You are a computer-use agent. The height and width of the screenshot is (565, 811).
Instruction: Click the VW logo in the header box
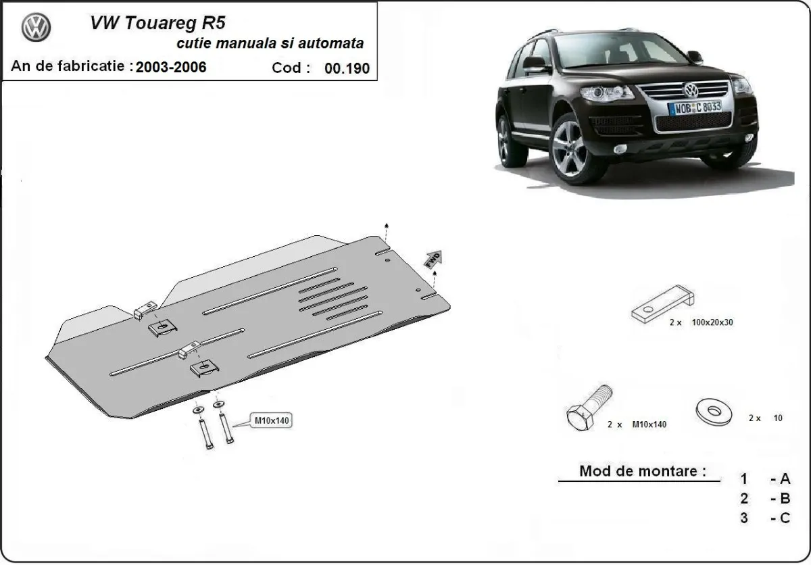click(x=36, y=28)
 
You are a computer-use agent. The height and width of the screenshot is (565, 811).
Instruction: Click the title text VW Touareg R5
click(x=157, y=24)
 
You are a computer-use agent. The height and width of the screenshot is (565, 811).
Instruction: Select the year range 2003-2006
click(x=171, y=67)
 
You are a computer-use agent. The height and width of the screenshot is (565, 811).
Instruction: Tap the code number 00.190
click(x=347, y=68)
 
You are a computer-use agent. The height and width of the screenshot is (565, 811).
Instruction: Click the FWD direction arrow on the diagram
click(x=433, y=257)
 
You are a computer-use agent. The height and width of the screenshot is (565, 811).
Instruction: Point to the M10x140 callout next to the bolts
click(x=272, y=420)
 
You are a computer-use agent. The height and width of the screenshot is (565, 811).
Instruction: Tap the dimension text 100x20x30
click(x=712, y=322)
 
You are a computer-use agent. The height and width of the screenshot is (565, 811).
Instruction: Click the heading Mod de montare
click(x=638, y=471)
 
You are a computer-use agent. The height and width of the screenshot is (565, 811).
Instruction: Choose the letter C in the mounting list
click(x=784, y=518)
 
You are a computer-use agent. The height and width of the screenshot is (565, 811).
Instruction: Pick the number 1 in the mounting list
click(x=743, y=479)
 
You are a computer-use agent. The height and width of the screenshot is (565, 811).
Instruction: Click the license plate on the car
click(x=694, y=107)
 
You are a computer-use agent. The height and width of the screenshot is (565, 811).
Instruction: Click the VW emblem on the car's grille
click(x=690, y=90)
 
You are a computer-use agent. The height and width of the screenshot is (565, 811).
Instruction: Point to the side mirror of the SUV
click(x=534, y=64)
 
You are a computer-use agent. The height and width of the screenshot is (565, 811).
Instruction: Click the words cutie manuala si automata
click(x=270, y=43)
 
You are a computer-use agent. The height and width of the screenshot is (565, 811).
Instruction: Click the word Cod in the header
click(x=290, y=68)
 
